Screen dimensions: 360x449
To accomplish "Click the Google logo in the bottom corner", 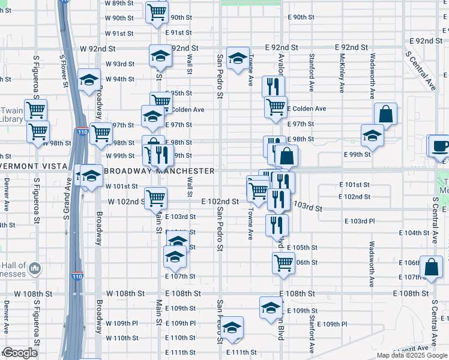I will pyautogui.click(x=20, y=353).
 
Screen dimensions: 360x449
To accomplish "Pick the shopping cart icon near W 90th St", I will pyautogui.click(x=157, y=11).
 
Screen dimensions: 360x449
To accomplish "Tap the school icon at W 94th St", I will pyautogui.click(x=89, y=80).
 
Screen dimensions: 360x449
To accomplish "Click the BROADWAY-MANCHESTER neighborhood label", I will pyautogui.click(x=159, y=171).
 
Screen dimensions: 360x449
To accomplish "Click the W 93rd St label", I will pyautogui.click(x=120, y=64).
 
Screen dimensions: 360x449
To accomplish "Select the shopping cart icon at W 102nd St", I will pyautogui.click(x=156, y=197).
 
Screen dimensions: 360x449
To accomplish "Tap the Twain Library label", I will pyautogui.click(x=12, y=115).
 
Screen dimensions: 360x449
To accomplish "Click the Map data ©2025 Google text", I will pyautogui.click(x=412, y=355).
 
